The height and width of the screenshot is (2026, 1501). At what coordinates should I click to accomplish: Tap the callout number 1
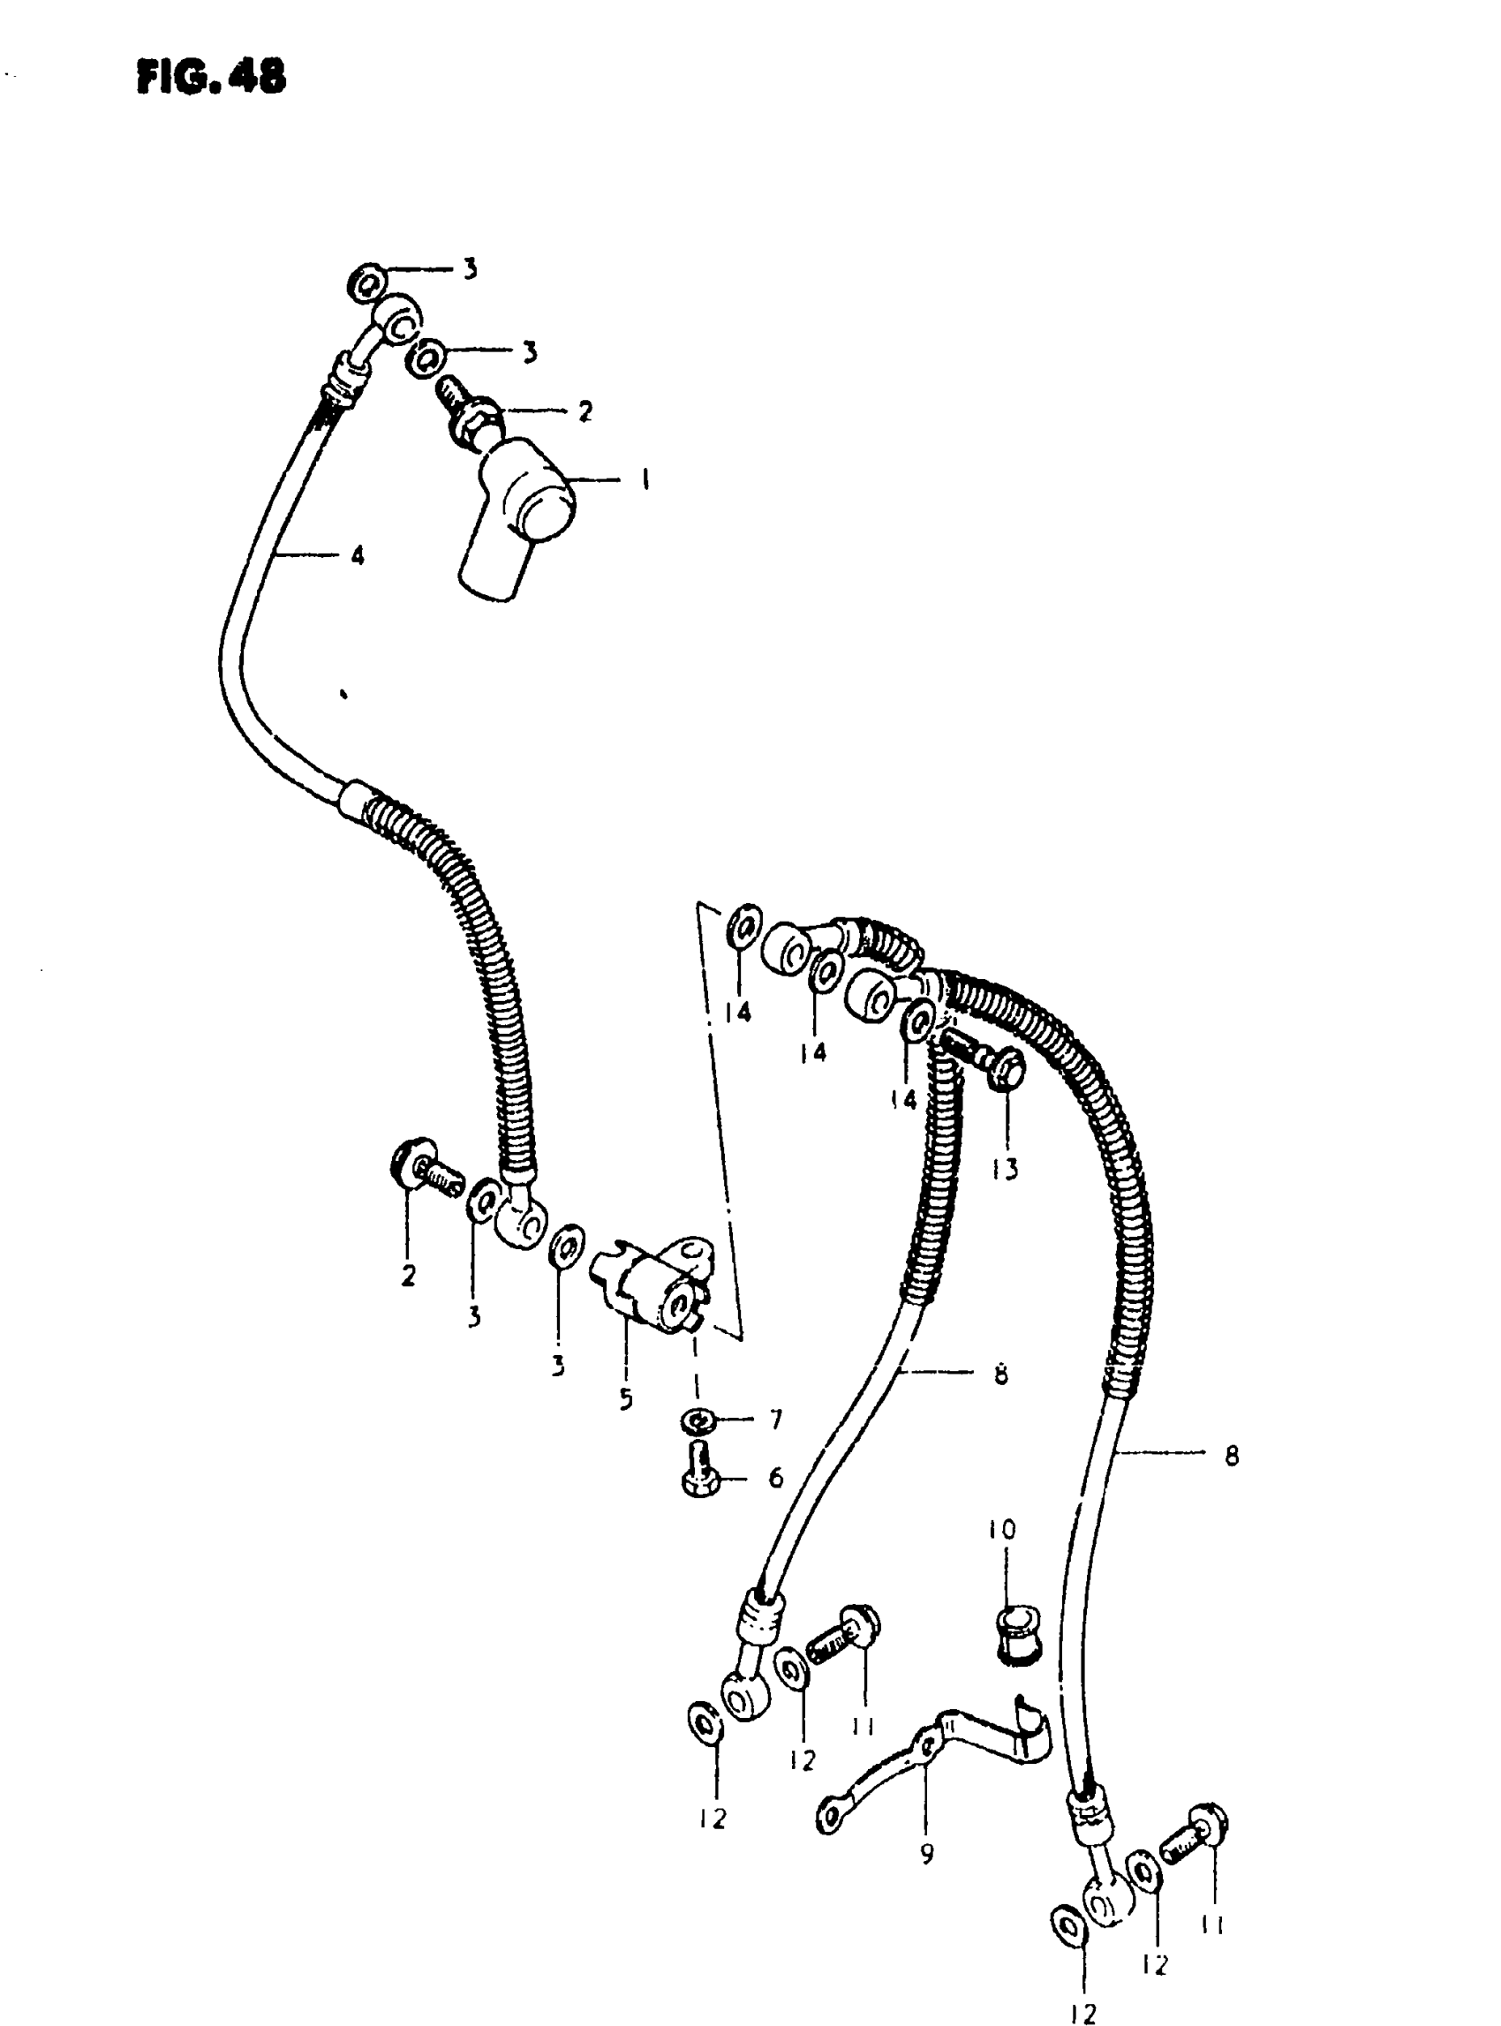click(x=645, y=478)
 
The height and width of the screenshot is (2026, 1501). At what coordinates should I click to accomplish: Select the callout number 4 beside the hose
click(x=357, y=554)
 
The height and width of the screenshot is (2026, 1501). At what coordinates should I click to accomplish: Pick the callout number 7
click(x=775, y=1420)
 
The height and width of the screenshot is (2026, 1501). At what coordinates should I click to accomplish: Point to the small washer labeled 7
click(x=696, y=1420)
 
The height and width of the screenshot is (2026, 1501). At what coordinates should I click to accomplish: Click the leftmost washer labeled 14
click(x=744, y=926)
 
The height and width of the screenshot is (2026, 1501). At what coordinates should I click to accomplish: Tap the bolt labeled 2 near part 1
click(x=471, y=413)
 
